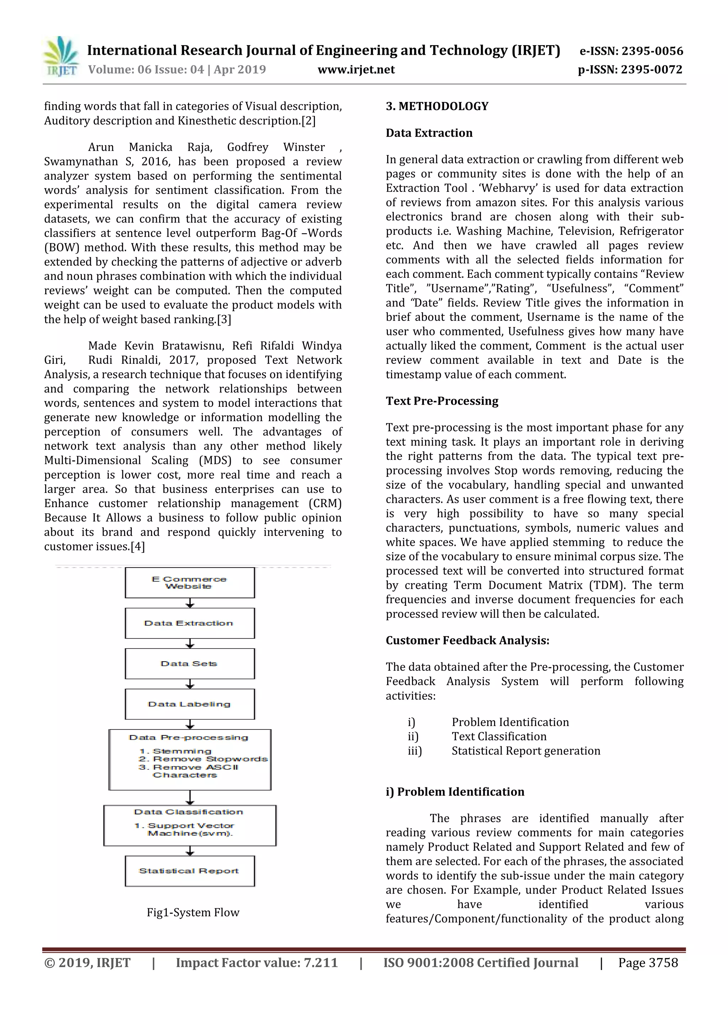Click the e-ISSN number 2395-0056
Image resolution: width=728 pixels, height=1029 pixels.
tap(631, 51)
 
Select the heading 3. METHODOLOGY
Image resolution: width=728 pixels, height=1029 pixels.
tap(437, 106)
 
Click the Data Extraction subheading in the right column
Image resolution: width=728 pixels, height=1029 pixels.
tap(429, 133)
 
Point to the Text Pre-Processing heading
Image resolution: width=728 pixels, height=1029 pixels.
tap(442, 401)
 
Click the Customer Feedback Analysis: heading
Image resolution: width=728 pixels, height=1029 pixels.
tap(467, 640)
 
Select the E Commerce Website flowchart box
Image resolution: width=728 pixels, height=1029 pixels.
tap(189, 583)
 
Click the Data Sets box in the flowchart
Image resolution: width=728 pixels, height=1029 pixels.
tap(189, 664)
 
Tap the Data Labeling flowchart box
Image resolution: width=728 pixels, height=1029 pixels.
tap(189, 704)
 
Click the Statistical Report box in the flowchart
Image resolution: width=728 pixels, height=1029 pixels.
tap(189, 871)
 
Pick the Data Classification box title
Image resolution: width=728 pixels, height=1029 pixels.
tap(188, 812)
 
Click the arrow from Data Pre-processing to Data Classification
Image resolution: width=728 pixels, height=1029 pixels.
tap(190, 798)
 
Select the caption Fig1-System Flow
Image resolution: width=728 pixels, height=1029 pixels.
tap(193, 912)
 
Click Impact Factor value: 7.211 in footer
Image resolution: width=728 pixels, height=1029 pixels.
tap(257, 963)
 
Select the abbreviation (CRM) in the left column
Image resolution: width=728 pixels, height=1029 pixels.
tap(325, 504)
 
